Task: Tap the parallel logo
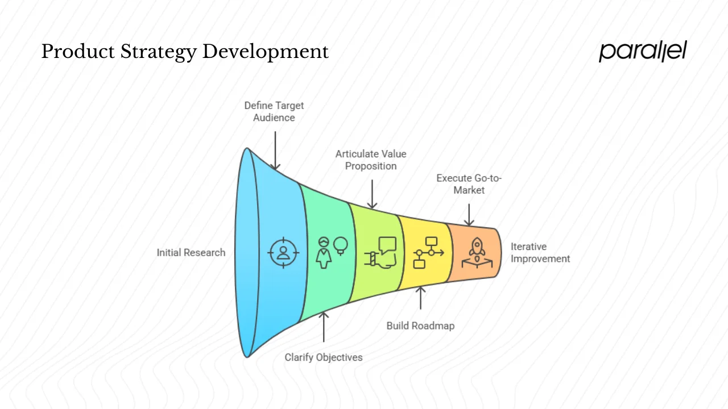click(643, 51)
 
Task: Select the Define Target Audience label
click(274, 111)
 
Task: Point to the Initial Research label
click(191, 253)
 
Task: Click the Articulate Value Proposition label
click(371, 160)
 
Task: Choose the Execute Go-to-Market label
click(469, 184)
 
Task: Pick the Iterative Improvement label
click(540, 253)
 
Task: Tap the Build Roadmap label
click(420, 325)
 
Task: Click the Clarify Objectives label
click(324, 357)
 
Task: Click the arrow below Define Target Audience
click(275, 150)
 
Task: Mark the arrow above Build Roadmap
click(421, 298)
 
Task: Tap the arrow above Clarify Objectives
click(324, 327)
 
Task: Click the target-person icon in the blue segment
click(283, 252)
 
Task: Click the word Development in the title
click(266, 52)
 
